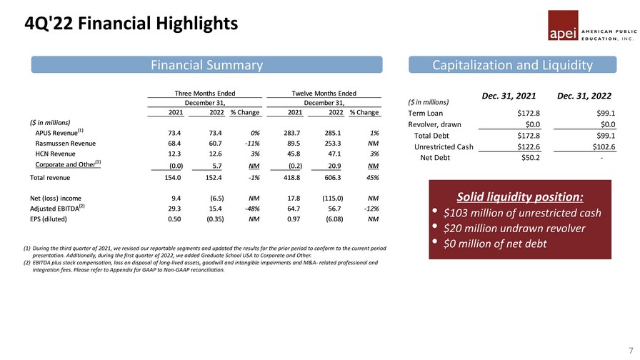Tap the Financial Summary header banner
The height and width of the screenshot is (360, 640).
[x=205, y=65]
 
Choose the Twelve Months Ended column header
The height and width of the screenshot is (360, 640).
[x=324, y=93]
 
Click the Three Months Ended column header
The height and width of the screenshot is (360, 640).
[x=205, y=93]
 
